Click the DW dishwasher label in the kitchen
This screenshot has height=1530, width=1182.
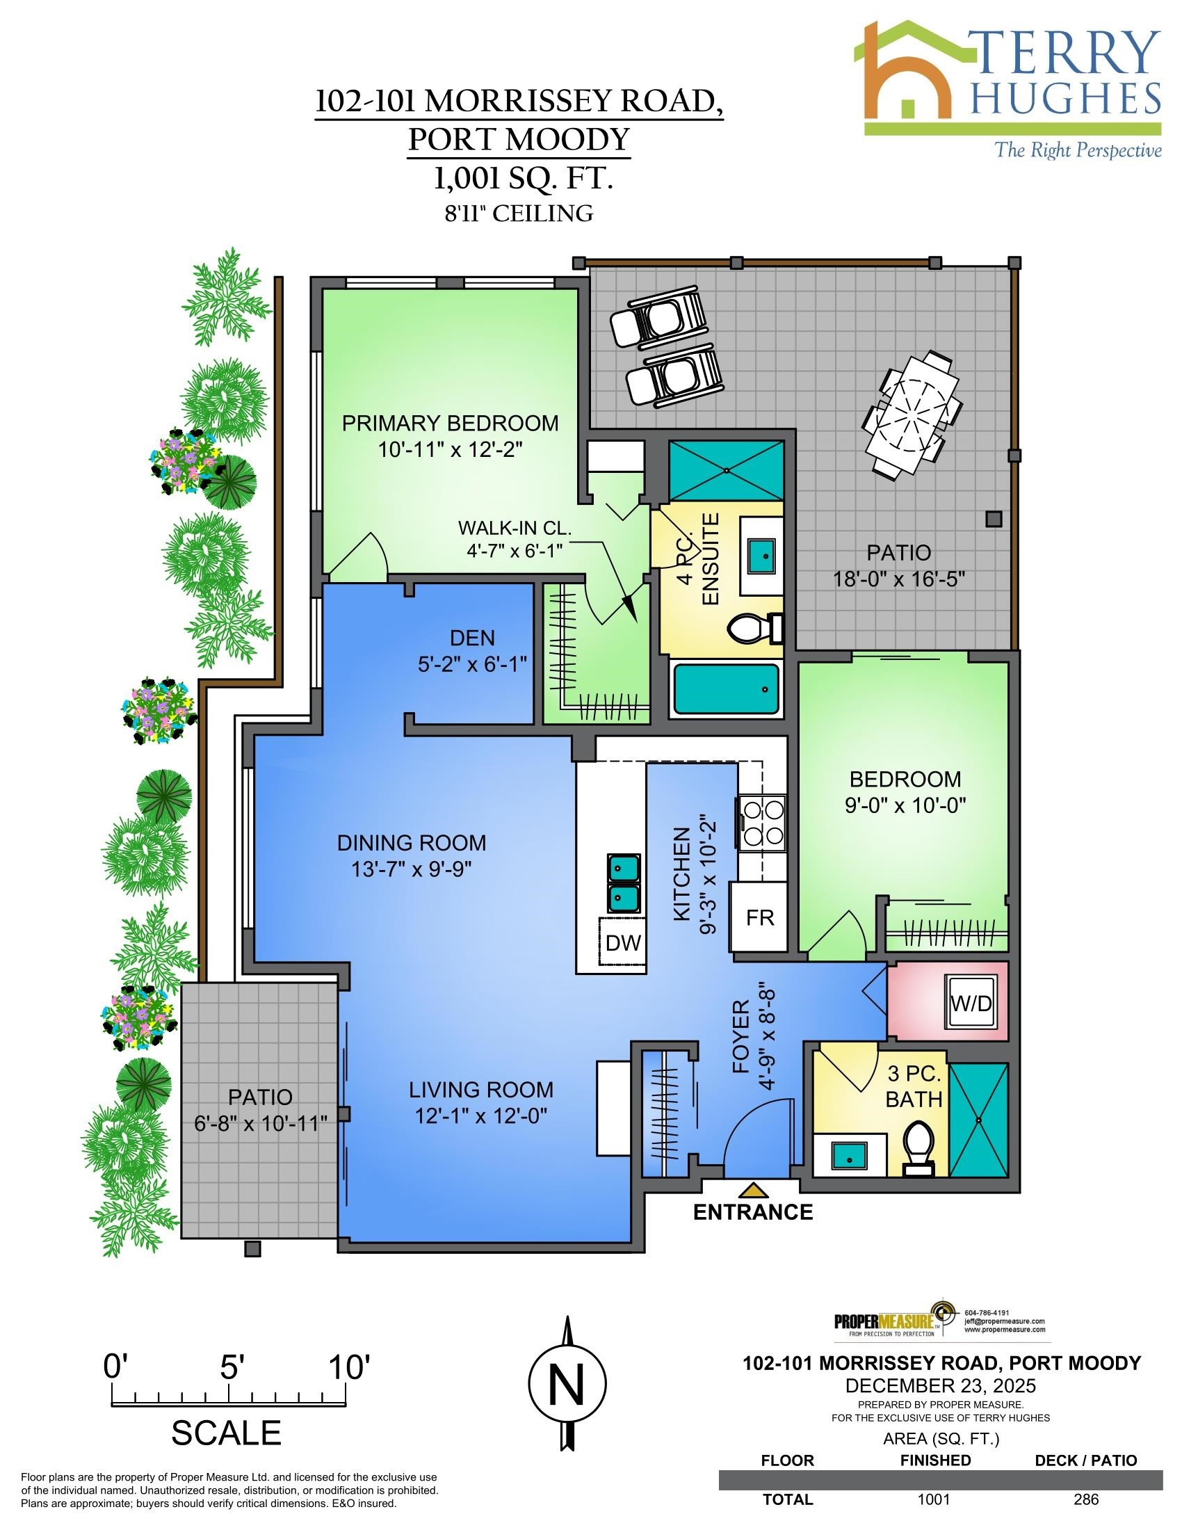point(622,943)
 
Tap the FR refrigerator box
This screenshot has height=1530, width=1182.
point(759,917)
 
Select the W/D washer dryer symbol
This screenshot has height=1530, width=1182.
point(971,1003)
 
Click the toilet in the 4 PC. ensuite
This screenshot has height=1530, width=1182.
point(755,628)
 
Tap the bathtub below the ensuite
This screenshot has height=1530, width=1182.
point(726,689)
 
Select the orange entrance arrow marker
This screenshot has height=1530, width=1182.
point(753,1189)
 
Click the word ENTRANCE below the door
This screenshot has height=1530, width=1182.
point(753,1213)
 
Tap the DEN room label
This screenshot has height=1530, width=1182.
point(472,638)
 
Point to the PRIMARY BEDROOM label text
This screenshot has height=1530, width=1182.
point(451,424)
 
